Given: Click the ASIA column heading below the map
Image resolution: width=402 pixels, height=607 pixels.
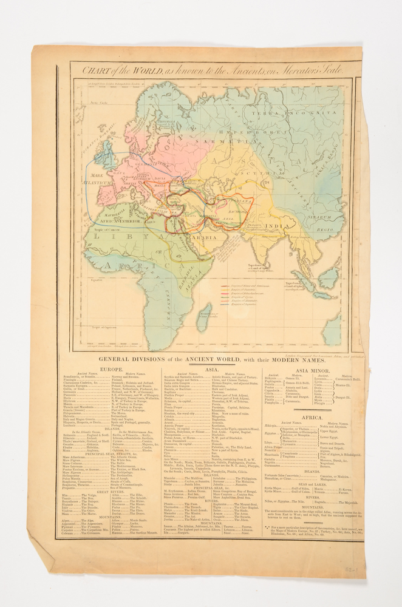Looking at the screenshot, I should (x=211, y=369).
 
